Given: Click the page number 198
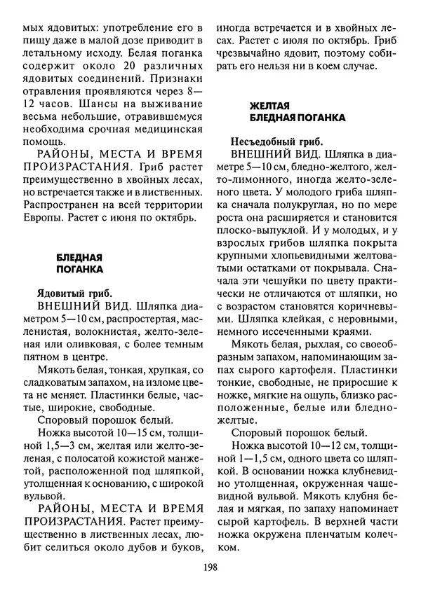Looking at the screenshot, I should coord(210,569).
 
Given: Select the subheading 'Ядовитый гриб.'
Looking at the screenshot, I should coord(74,293).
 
